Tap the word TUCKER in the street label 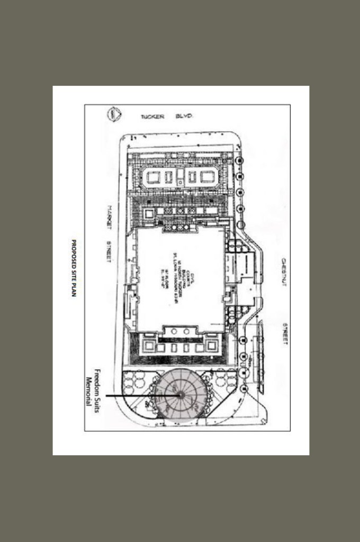pyautogui.click(x=153, y=116)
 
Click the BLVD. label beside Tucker pyautogui.click(x=183, y=116)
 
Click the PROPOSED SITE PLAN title pyautogui.click(x=75, y=267)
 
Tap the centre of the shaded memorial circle pyautogui.click(x=181, y=394)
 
